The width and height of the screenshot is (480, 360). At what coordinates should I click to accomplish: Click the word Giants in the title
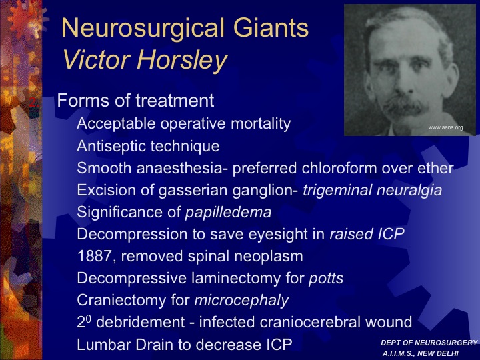[271, 27]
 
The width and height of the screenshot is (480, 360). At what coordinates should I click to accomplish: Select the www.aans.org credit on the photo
[445, 127]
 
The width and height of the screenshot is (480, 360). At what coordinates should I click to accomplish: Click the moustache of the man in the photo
[405, 106]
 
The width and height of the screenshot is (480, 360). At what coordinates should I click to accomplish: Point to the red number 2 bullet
[34, 102]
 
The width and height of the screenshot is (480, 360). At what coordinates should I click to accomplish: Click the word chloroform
[339, 168]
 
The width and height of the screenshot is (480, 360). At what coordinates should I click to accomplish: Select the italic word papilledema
[229, 213]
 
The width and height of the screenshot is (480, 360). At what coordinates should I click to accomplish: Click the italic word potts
[326, 279]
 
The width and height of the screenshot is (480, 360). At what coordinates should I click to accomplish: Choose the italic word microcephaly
[241, 301]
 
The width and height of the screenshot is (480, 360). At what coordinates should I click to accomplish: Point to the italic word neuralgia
[409, 191]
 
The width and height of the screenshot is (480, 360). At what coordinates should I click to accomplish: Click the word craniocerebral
[310, 323]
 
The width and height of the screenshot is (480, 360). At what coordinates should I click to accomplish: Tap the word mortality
[261, 124]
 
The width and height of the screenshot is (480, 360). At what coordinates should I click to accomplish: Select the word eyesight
[286, 235]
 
